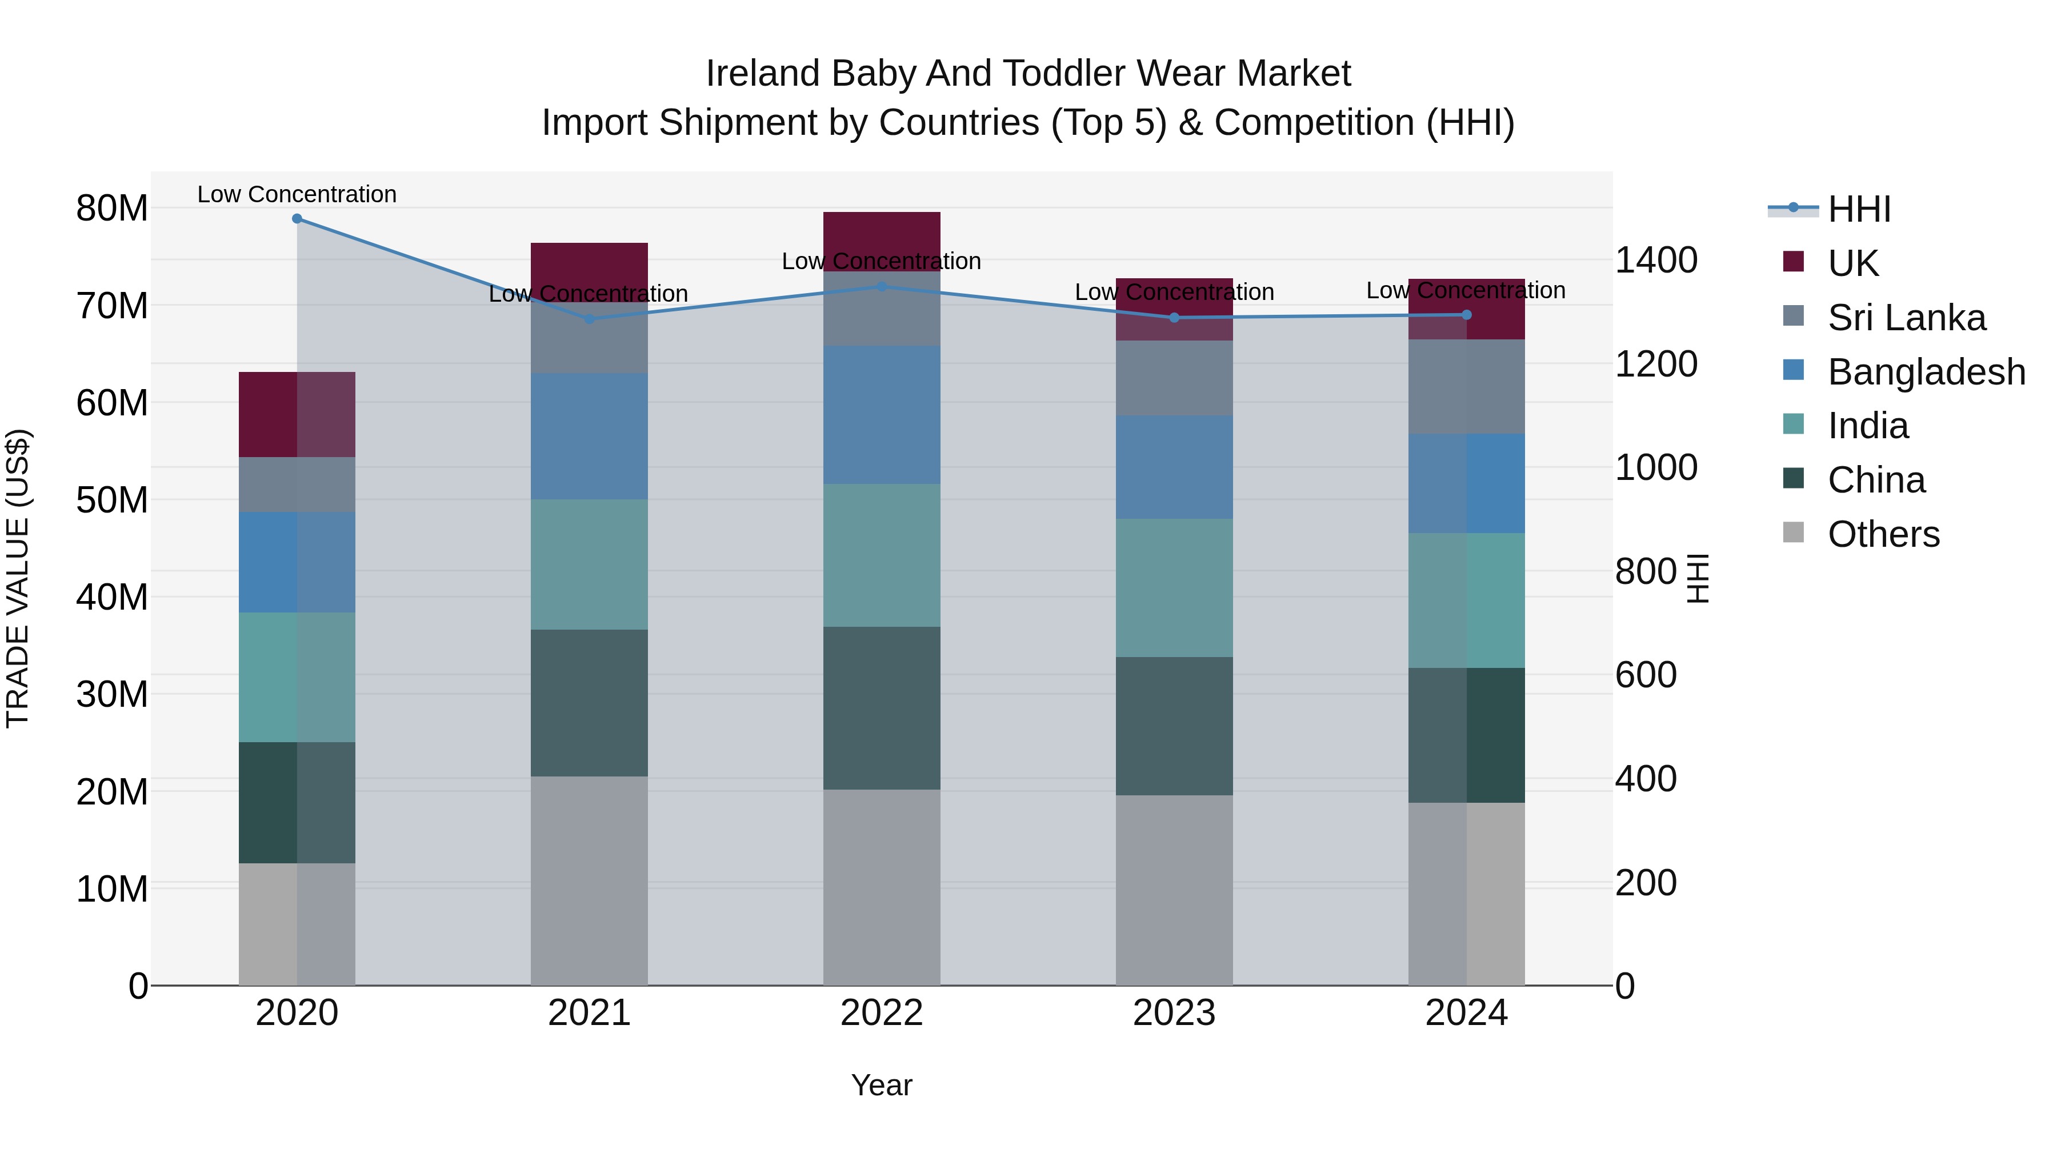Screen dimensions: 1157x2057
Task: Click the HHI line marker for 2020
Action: pos(297,219)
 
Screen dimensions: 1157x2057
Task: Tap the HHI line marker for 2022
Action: pos(882,286)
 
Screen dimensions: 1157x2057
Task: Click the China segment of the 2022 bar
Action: pos(882,708)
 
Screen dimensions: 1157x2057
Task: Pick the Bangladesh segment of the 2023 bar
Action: pos(1174,467)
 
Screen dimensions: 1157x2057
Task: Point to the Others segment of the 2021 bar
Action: pos(589,880)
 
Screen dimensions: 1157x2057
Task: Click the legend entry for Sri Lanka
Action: pos(1906,318)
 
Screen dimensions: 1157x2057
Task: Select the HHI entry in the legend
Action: pos(1858,209)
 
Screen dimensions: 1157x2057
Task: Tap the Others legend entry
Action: pos(1883,534)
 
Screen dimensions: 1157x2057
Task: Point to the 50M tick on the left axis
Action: pos(112,501)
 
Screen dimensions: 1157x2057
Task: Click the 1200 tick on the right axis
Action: pos(1656,364)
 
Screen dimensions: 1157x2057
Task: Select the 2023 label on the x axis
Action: pos(1174,1013)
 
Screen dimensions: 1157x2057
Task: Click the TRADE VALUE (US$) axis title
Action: pos(18,578)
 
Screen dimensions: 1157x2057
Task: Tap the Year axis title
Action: pos(882,1085)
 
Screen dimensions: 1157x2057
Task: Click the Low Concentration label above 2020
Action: pos(297,194)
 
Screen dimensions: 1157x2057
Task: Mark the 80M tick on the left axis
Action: pos(112,209)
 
